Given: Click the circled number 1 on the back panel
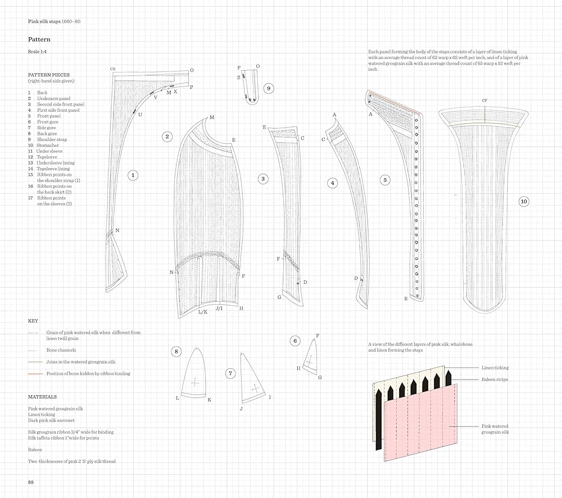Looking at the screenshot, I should pyautogui.click(x=133, y=175).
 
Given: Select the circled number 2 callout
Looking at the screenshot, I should pyautogui.click(x=167, y=136).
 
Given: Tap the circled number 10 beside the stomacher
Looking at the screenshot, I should pyautogui.click(x=524, y=201).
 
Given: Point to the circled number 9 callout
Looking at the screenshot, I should pyautogui.click(x=269, y=88).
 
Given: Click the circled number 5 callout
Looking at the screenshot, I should pyautogui.click(x=385, y=180).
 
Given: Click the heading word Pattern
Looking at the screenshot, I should pyautogui.click(x=39, y=40).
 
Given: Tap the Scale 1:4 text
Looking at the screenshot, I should pyautogui.click(x=38, y=52).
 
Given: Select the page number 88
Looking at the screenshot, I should pyautogui.click(x=31, y=482).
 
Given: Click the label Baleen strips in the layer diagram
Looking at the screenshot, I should pyautogui.click(x=495, y=379).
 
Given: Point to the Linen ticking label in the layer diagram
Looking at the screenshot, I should pyautogui.click(x=495, y=368).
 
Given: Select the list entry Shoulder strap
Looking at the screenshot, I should pyautogui.click(x=51, y=139).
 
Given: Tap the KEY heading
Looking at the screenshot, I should pyautogui.click(x=33, y=321).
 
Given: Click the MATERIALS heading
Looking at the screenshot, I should pyautogui.click(x=42, y=397).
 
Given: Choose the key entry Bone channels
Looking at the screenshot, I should pyautogui.click(x=61, y=350).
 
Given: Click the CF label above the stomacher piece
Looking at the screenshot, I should pyautogui.click(x=484, y=101).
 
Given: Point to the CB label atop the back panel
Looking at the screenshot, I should pyautogui.click(x=113, y=69).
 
